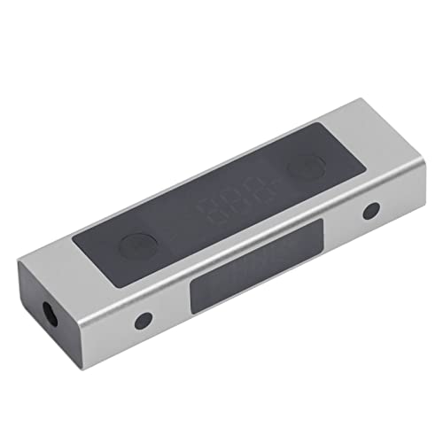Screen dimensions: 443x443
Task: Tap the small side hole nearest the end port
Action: (x=143, y=320)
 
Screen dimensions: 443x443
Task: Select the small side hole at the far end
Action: (x=371, y=211)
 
